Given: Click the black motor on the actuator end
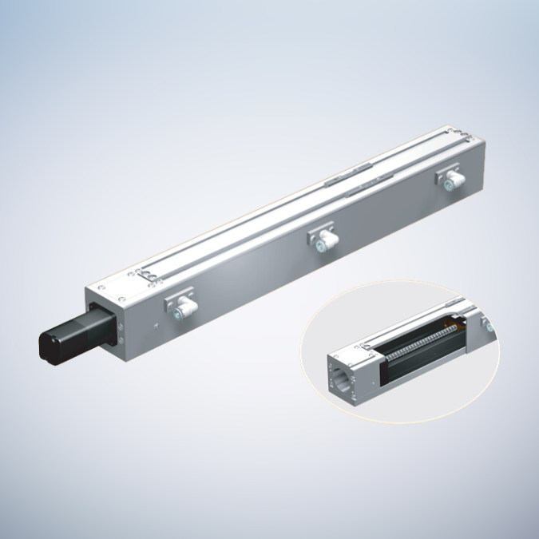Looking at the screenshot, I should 68,339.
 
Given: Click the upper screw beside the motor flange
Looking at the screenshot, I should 121,327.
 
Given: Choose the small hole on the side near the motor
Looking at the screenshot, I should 157,326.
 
